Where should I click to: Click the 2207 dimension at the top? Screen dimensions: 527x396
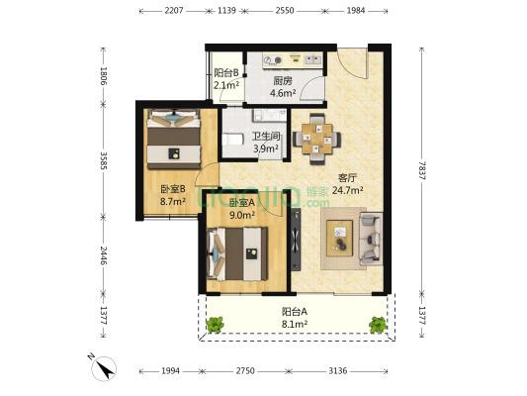pos(174,11)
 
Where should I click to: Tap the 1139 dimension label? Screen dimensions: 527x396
pos(226,11)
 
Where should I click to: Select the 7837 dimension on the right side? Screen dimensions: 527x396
pos(421,170)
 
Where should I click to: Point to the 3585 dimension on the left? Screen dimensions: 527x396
pos(103,160)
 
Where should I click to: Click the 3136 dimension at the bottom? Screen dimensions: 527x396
pos(337,371)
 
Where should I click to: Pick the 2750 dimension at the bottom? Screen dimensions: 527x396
pos(245,371)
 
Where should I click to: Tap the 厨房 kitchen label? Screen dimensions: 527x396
pos(283,81)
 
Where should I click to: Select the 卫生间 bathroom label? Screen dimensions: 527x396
pos(266,137)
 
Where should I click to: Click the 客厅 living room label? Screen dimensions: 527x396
pos(347,177)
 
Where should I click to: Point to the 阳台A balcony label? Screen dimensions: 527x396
pos(295,312)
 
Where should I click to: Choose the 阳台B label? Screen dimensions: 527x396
pos(226,72)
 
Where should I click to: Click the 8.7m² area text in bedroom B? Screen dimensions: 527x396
pos(173,202)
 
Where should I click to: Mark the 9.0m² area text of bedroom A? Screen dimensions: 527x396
pos(242,215)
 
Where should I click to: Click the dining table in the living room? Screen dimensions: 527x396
pos(317,139)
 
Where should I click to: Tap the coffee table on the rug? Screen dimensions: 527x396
pos(340,239)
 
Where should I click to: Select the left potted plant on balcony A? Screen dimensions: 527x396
pos(215,325)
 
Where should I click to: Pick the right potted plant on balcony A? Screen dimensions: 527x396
pos(378,325)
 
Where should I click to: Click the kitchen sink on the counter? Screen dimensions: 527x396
pos(312,59)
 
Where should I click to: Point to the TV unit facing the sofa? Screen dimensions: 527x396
pos(296,240)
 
